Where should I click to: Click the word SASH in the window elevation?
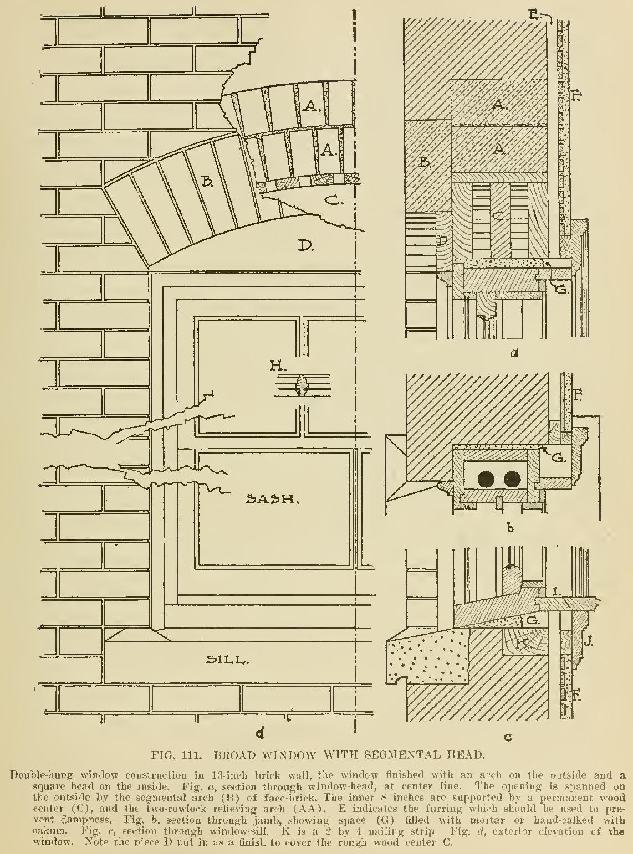point(273,500)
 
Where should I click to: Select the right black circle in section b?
point(511,477)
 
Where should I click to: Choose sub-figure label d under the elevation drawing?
point(258,734)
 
